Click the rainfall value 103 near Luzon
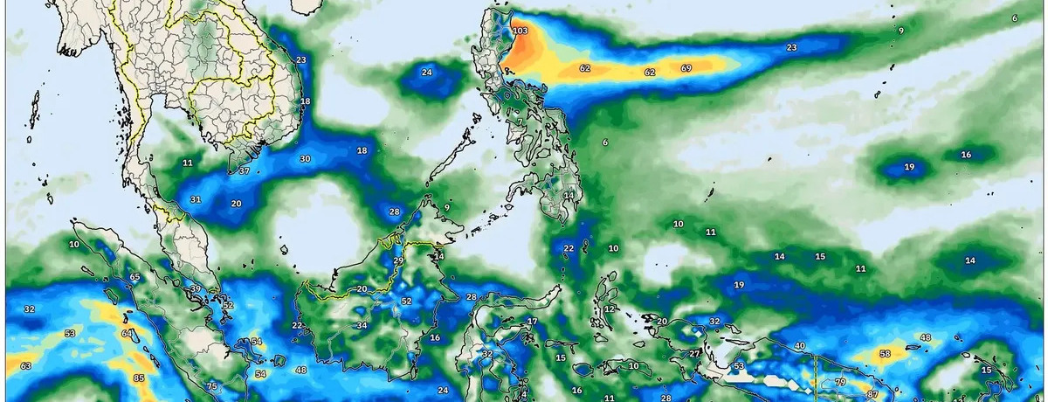tap(521, 31)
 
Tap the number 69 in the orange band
tap(686, 68)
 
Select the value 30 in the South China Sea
tap(305, 159)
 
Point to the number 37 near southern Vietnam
tap(244, 170)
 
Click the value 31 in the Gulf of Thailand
tap(196, 200)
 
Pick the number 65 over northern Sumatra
tap(134, 277)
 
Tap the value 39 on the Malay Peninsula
tap(196, 288)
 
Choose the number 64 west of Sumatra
tap(128, 333)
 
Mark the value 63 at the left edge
tap(25, 365)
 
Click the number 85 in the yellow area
tap(139, 378)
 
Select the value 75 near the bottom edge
tap(211, 386)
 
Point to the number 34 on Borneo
tap(362, 325)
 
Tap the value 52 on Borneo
tap(406, 301)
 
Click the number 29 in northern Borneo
tap(398, 261)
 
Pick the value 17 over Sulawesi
tap(531, 322)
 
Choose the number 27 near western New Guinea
tap(694, 353)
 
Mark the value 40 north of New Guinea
tap(799, 345)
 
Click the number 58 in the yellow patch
tap(885, 353)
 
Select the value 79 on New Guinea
tap(840, 382)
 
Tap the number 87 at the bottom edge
tap(872, 395)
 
